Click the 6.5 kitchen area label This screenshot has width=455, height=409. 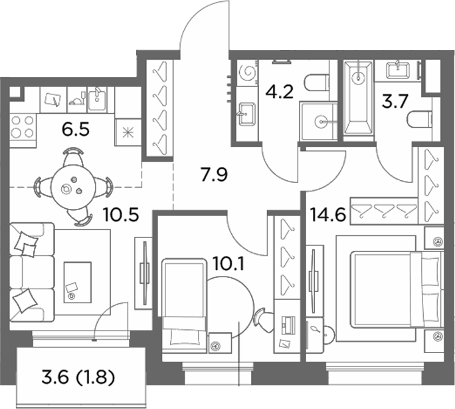click(x=76, y=130)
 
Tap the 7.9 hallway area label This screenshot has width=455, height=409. click(x=215, y=175)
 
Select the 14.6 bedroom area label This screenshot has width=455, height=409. click(x=328, y=215)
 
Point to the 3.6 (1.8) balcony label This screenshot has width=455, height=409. click(x=78, y=378)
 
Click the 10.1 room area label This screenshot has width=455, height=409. click(x=229, y=264)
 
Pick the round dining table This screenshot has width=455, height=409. click(x=73, y=188)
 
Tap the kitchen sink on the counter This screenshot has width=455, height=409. click(x=96, y=99)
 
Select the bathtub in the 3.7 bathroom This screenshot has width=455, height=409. click(x=359, y=98)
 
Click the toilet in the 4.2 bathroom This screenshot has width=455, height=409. click(x=317, y=82)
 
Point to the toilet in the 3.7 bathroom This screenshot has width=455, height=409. click(x=420, y=120)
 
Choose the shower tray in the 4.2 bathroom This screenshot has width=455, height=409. click(x=319, y=121)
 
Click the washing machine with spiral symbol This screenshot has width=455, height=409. click(x=247, y=72)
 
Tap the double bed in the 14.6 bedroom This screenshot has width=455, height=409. click(x=397, y=290)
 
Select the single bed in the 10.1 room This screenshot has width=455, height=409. click(x=184, y=306)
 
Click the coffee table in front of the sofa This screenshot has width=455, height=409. click(x=78, y=283)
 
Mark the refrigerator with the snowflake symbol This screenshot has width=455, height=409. click(x=128, y=132)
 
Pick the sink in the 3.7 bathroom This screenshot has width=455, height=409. click(x=398, y=70)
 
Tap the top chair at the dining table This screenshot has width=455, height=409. click(x=73, y=156)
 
